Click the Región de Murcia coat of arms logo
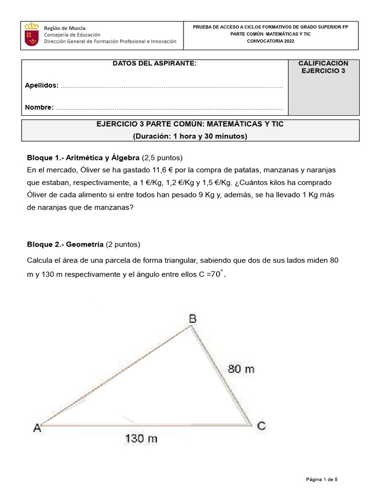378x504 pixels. click(x=32, y=35)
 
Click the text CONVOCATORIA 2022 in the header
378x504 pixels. click(x=270, y=42)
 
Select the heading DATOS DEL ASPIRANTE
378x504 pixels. click(x=154, y=63)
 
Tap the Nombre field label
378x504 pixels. click(x=39, y=107)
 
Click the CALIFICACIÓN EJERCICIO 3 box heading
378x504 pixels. click(x=323, y=67)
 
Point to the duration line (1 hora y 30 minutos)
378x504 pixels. click(x=190, y=136)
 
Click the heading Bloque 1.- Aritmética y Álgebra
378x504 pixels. click(x=83, y=158)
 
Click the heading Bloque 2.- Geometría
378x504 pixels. click(x=64, y=244)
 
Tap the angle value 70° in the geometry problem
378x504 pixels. click(x=217, y=274)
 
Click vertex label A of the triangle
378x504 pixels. click(x=37, y=428)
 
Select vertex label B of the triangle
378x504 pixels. click(x=193, y=319)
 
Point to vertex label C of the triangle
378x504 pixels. click(x=261, y=426)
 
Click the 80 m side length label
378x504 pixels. click(x=241, y=369)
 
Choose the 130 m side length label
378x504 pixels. click(x=141, y=438)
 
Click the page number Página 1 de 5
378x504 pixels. click(x=321, y=479)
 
